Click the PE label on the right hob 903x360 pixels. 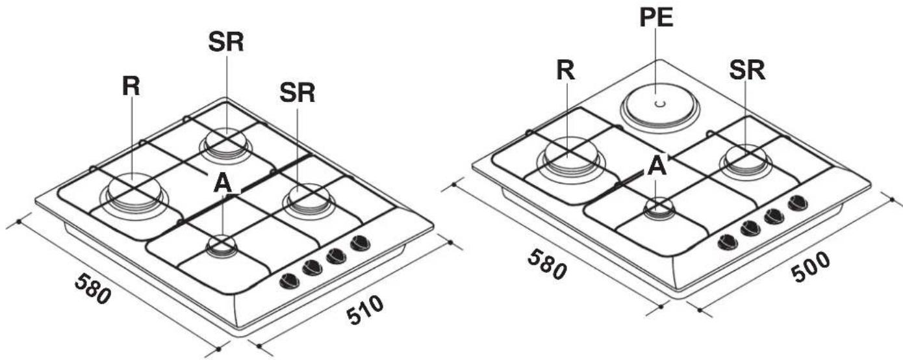pyautogui.click(x=656, y=18)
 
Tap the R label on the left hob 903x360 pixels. pyautogui.click(x=131, y=86)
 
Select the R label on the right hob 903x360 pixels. pyautogui.click(x=565, y=71)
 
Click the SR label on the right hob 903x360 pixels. pyautogui.click(x=747, y=71)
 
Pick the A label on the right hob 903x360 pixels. pyautogui.click(x=657, y=166)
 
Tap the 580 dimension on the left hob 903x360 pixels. pyautogui.click(x=93, y=289)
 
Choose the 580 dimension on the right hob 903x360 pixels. pyautogui.click(x=547, y=264)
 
